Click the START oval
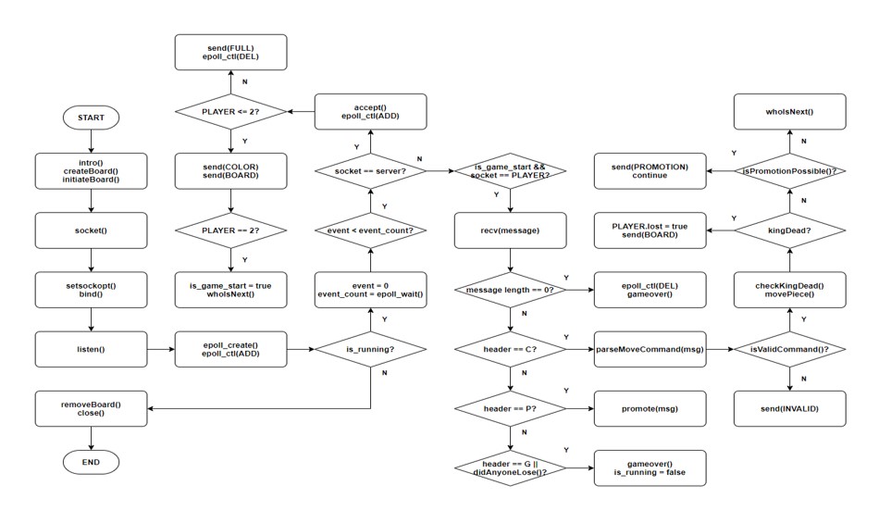pyautogui.click(x=91, y=118)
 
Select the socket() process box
pyautogui.click(x=91, y=230)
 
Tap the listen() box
pyautogui.click(x=91, y=349)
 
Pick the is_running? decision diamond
pyautogui.click(x=370, y=349)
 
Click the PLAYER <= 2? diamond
pyautogui.click(x=229, y=112)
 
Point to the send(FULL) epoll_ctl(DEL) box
pyautogui.click(x=229, y=52)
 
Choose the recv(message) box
pyautogui.click(x=510, y=230)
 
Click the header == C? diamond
pyautogui.click(x=510, y=349)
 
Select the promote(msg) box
pyautogui.click(x=650, y=407)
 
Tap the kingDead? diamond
pyautogui.click(x=789, y=230)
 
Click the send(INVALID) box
pyautogui.click(x=789, y=407)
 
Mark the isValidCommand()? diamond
pyautogui.click(x=789, y=349)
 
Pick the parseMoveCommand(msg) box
pyautogui.click(x=650, y=349)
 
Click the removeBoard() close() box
pyautogui.click(x=91, y=407)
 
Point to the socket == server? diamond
pyautogui.click(x=370, y=170)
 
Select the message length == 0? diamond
pyautogui.click(x=510, y=290)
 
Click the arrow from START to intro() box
pyautogui.click(x=91, y=142)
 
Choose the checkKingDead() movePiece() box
pyautogui.click(x=789, y=290)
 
